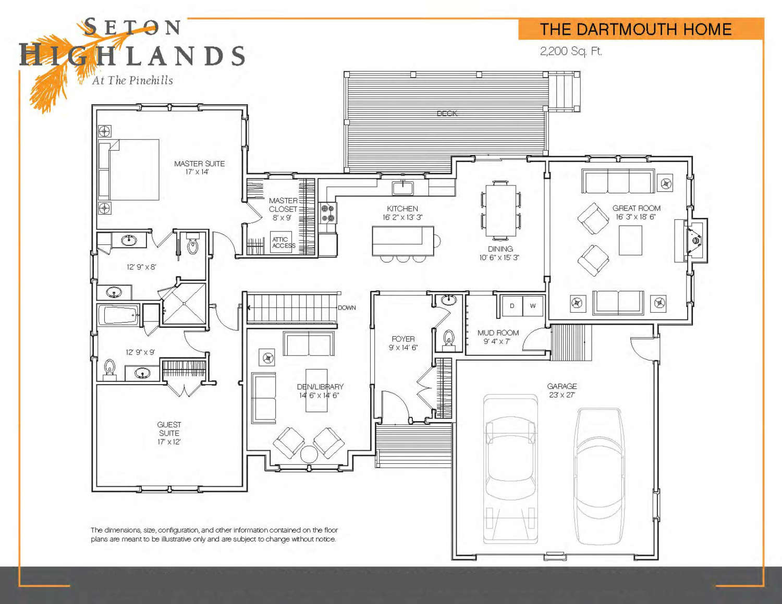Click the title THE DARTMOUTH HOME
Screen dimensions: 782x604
[636, 29]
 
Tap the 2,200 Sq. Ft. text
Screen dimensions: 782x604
[571, 51]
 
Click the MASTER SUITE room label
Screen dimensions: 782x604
[199, 164]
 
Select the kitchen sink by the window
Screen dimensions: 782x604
[403, 188]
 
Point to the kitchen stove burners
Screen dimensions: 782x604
[327, 213]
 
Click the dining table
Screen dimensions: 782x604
[500, 210]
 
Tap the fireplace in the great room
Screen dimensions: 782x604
[691, 240]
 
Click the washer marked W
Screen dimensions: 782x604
[533, 306]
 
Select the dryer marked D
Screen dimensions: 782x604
[512, 306]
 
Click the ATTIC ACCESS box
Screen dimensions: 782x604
[281, 242]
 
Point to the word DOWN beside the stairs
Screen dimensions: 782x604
[347, 307]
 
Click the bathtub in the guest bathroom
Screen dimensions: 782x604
[119, 315]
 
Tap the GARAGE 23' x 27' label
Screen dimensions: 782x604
[562, 390]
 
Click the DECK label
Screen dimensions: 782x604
[447, 114]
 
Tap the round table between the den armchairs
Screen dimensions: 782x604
[309, 454]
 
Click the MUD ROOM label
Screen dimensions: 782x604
[498, 333]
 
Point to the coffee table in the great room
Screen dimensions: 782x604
[630, 240]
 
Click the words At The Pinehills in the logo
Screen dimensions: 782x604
[132, 81]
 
